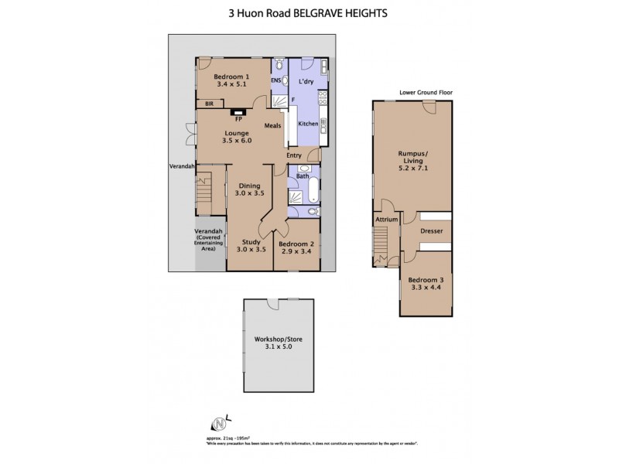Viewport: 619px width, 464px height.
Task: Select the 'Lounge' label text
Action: click(x=237, y=133)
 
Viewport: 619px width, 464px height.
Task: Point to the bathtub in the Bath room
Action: click(x=303, y=188)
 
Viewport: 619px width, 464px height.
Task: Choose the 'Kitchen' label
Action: click(x=308, y=124)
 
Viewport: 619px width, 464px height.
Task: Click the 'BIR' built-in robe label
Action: click(x=207, y=104)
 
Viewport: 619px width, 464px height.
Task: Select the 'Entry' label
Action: click(x=294, y=156)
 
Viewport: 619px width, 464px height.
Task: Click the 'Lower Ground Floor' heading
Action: click(x=426, y=92)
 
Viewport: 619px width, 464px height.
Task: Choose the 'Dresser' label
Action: click(x=431, y=230)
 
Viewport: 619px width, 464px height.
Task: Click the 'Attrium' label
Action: click(x=386, y=220)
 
